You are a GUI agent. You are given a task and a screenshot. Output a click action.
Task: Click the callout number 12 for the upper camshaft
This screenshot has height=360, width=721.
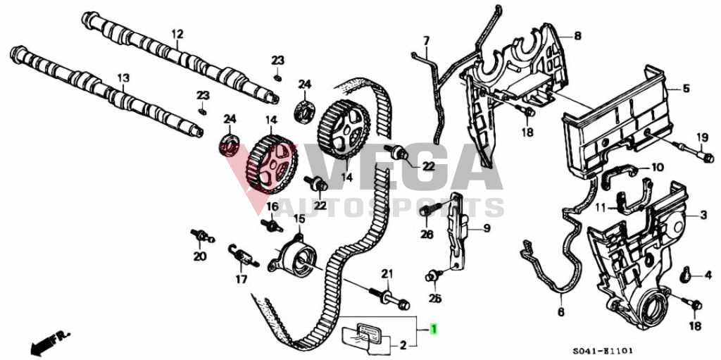[x=177, y=33]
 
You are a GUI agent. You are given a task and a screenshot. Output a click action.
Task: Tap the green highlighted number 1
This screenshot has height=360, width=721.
[x=434, y=329]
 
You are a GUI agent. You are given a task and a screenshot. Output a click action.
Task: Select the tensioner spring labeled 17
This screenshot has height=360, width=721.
[x=243, y=255]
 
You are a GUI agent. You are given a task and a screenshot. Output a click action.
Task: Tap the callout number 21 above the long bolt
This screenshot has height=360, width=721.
[x=386, y=273]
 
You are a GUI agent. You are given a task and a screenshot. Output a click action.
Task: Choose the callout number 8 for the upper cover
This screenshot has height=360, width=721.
[x=577, y=35]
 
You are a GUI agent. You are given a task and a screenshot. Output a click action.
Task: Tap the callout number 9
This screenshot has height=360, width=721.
[x=485, y=228]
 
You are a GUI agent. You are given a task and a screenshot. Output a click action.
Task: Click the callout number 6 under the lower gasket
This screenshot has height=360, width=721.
[x=561, y=311]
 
